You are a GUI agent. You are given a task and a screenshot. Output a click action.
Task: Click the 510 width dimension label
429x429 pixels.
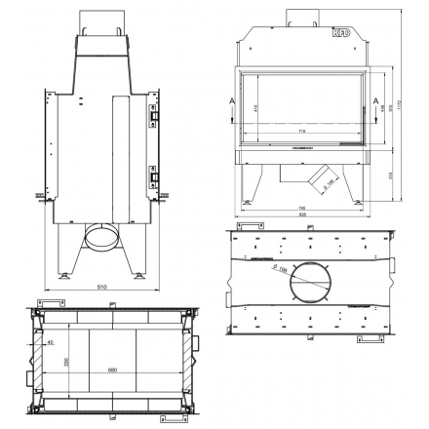pos(100,289)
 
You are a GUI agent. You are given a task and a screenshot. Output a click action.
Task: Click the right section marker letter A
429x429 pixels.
pos(376,99)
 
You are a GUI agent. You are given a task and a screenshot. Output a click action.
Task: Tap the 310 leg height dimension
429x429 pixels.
pos(391,175)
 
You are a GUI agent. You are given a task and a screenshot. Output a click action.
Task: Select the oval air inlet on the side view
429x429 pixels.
pos(101,236)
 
